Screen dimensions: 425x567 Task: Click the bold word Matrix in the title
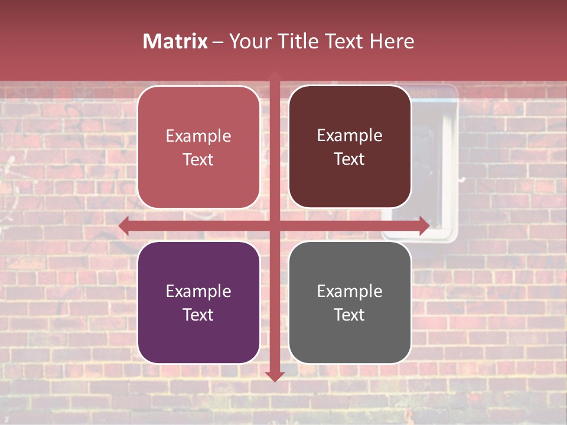click(x=175, y=41)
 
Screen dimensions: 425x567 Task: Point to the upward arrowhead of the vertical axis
click(x=275, y=76)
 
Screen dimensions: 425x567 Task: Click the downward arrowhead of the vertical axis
click(x=275, y=377)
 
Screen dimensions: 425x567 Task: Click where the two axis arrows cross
click(x=275, y=226)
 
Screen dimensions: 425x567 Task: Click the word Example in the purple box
click(x=198, y=291)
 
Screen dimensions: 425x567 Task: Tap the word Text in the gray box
click(x=350, y=315)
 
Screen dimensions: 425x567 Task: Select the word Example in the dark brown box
click(x=350, y=135)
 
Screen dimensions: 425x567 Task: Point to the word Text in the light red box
click(x=198, y=159)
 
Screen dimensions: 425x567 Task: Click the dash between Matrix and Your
click(x=219, y=42)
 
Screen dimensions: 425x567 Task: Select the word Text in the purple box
click(x=198, y=315)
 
